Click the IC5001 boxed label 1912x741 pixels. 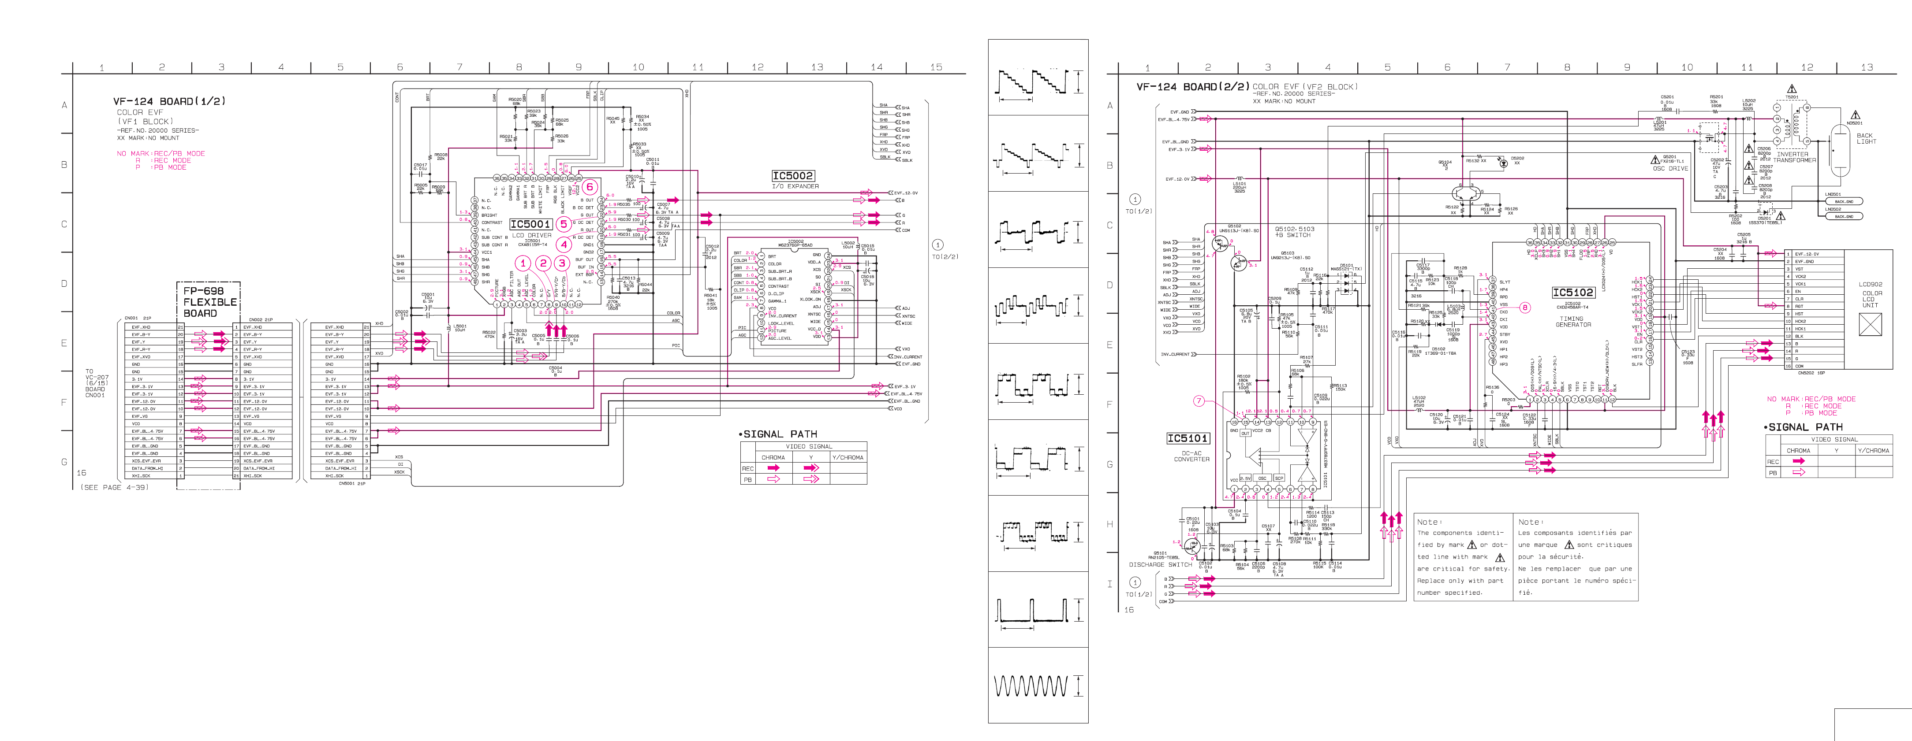point(530,224)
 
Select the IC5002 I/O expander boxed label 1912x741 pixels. point(793,176)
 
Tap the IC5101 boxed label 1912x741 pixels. point(1188,438)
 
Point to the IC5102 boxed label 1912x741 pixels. point(1573,292)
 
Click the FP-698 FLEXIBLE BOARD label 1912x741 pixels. point(209,302)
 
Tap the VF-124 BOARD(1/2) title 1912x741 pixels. point(169,101)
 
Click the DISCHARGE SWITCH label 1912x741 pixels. point(1160,564)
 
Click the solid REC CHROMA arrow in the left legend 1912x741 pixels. point(773,468)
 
